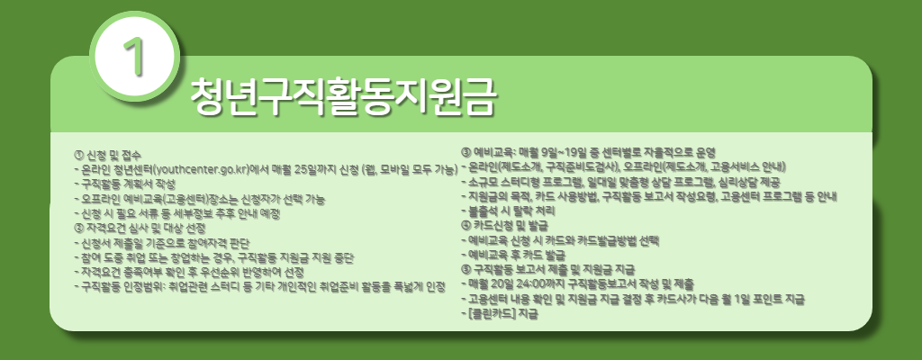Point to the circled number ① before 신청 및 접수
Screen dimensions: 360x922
click(79, 154)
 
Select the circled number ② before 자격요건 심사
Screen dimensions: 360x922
click(79, 228)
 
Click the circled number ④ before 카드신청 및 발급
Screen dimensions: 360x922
click(466, 224)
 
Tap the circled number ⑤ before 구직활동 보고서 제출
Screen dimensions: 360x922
click(466, 269)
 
